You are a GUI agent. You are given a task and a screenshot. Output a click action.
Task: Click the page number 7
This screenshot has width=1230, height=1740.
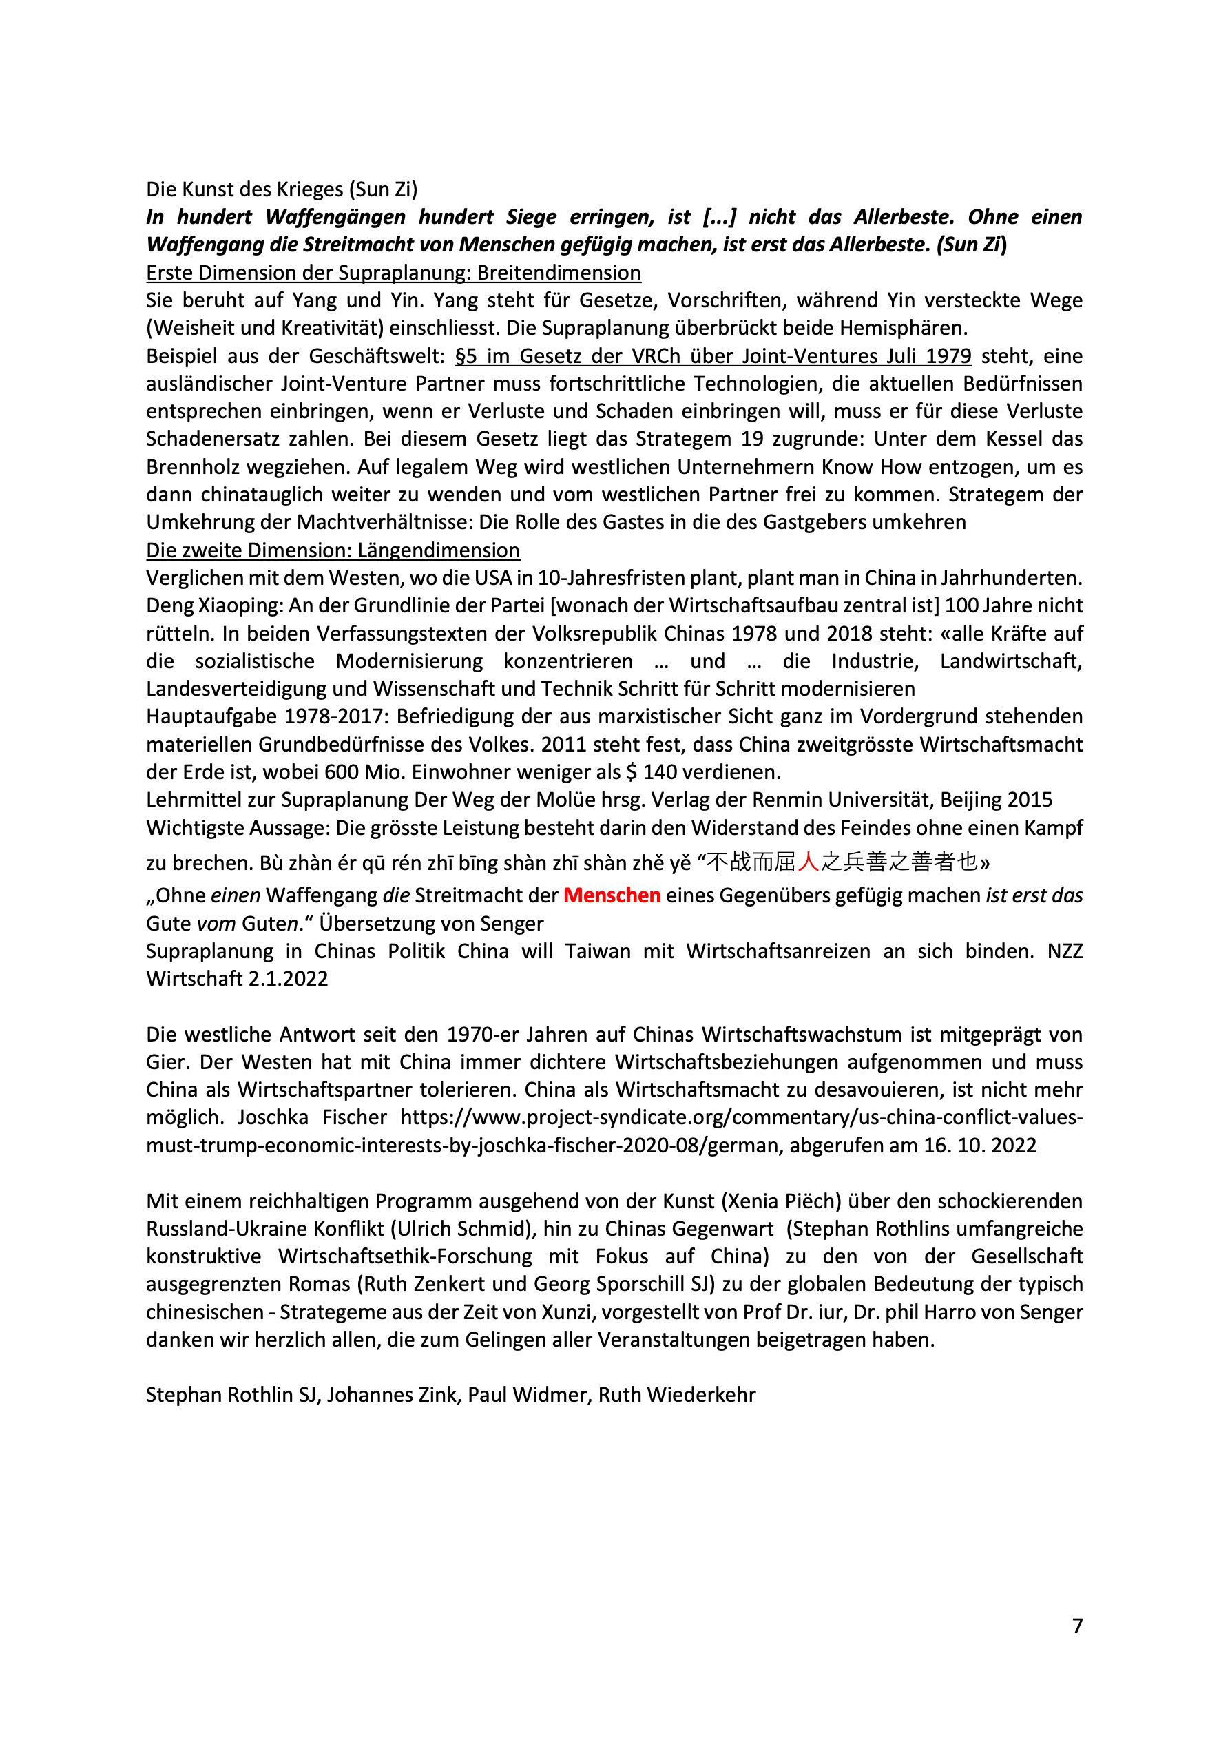(x=1077, y=1626)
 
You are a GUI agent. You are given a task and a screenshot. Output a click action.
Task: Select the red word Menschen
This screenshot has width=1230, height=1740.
(x=612, y=895)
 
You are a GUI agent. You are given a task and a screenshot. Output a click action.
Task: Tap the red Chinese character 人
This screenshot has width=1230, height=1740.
(x=809, y=862)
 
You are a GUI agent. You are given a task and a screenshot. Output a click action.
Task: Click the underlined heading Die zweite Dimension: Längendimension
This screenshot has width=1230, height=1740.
(x=333, y=550)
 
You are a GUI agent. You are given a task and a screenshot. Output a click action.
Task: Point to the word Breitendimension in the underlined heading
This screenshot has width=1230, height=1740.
(x=559, y=273)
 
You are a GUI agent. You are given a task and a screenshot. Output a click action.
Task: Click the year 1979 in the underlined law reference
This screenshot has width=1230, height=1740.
(x=948, y=356)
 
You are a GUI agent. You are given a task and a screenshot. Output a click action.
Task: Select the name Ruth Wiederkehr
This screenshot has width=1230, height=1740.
(x=677, y=1395)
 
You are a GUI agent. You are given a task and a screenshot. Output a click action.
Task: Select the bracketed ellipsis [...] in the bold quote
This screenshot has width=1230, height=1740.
(x=719, y=218)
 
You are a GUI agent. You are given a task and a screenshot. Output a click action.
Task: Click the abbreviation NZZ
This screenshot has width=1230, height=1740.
(x=1064, y=951)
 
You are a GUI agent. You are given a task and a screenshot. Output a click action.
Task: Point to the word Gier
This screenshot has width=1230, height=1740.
(x=166, y=1061)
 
